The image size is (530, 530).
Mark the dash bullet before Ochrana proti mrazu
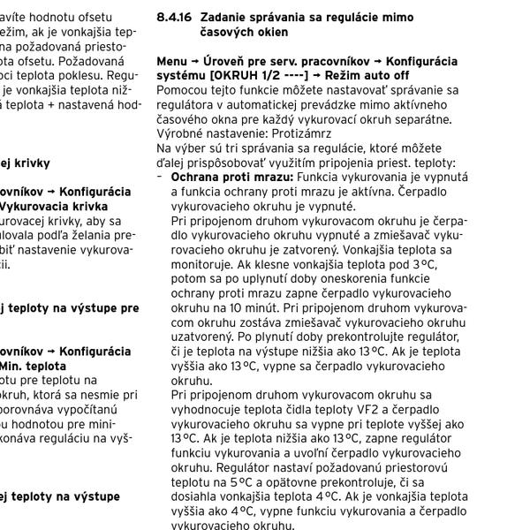tap(161, 177)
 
